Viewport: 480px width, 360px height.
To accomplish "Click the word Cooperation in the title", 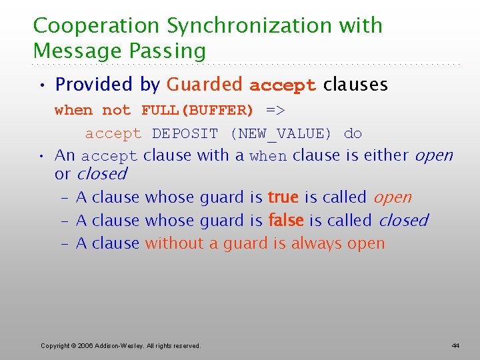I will [x=97, y=26].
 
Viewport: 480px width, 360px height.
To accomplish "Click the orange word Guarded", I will [x=205, y=85].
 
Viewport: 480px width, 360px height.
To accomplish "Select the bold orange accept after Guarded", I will [x=283, y=85].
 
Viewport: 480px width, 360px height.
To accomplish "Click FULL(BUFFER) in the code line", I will [x=197, y=110].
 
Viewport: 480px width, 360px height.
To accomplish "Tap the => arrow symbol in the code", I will [x=275, y=110].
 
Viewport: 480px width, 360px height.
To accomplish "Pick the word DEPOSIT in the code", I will [x=185, y=133].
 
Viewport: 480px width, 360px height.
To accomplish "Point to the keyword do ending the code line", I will [x=353, y=133].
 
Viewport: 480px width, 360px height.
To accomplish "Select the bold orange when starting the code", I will [x=73, y=110].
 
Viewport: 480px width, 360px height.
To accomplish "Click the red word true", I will [x=283, y=197].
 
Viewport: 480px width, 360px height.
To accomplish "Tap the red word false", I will [x=285, y=220].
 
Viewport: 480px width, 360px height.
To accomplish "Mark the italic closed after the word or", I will [x=101, y=174].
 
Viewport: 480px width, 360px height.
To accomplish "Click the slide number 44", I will [x=455, y=345].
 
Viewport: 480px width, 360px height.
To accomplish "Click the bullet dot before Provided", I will [x=42, y=85].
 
